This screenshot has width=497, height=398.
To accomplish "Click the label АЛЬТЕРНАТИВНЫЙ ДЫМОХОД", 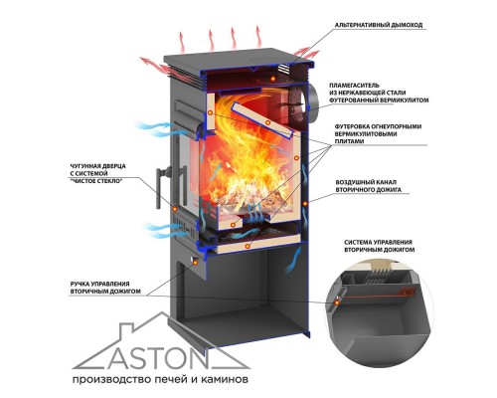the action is coord(379,25).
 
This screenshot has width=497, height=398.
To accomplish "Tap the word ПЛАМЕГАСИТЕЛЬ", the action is coord(354,86).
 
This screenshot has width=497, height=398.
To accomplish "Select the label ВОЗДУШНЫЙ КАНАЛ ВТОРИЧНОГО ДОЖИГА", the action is coord(369,186).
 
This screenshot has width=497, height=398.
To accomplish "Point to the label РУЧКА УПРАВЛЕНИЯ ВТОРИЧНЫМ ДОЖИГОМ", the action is coord(105,288).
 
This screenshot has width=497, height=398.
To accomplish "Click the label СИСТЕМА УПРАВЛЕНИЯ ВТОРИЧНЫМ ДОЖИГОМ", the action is coord(379,246).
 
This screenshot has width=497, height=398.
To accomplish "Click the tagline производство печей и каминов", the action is coord(160,379).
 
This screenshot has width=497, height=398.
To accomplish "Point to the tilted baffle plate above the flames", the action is coord(261,120).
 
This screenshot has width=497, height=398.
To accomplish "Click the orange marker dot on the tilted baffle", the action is coord(267,122).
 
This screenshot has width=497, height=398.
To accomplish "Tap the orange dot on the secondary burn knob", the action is coord(195,262).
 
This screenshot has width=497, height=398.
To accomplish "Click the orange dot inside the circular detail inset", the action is coord(337,302).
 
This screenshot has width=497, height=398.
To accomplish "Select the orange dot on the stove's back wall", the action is coord(305,203).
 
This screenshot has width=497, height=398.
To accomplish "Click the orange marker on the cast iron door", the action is coord(175,209).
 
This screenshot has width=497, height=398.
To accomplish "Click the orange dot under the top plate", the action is coord(273,79).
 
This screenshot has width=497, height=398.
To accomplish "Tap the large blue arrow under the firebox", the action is coord(293,261).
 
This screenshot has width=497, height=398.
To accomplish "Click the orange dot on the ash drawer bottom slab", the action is coord(247,246).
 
